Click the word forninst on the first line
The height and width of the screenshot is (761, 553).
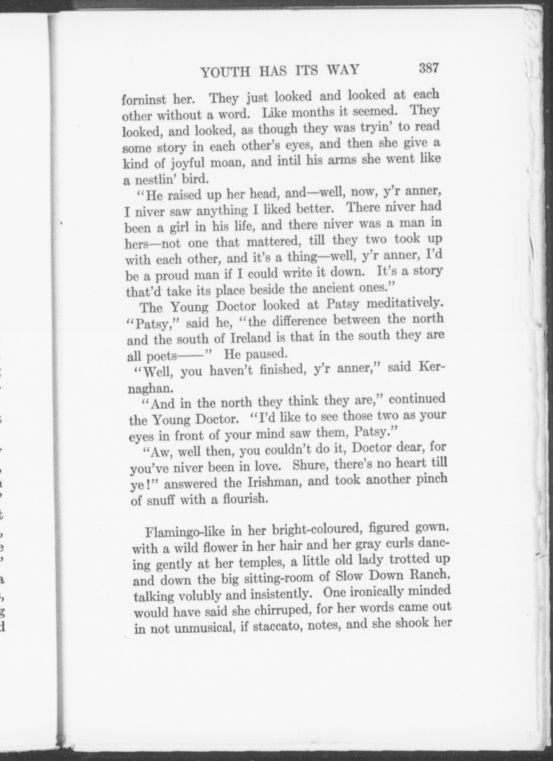point(144,99)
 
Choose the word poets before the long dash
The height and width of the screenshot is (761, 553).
point(162,356)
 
